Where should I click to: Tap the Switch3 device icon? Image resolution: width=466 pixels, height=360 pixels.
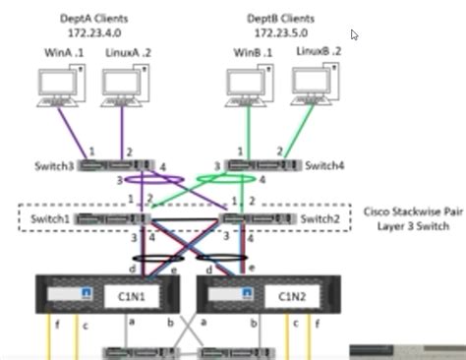[x=116, y=165]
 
